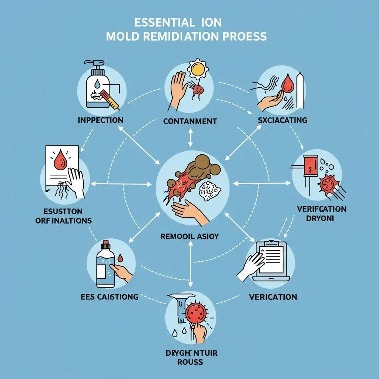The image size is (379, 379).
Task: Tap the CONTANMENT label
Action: pos(189,121)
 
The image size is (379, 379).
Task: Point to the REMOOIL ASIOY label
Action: pos(189,236)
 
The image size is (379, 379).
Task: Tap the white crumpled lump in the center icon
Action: pos(209,191)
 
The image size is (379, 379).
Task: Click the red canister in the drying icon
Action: pos(309,166)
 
